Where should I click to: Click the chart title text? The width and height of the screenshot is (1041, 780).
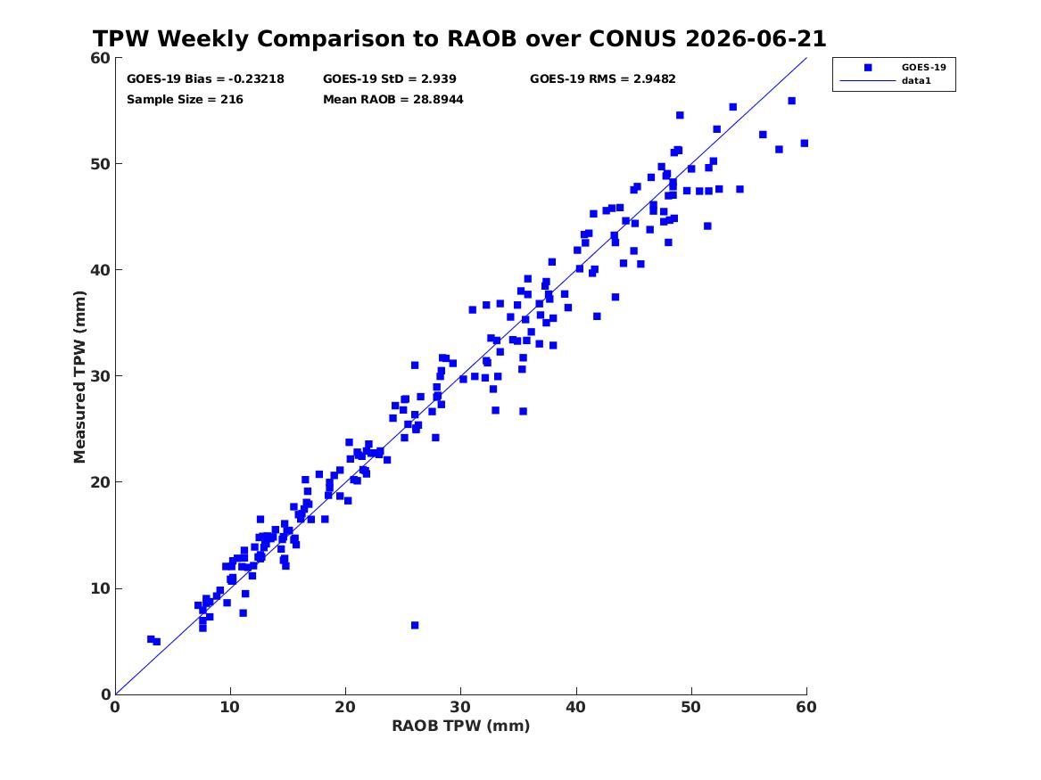click(459, 38)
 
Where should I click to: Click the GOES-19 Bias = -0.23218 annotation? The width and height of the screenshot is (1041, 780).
click(205, 79)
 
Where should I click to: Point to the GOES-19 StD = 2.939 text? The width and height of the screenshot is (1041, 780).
click(390, 79)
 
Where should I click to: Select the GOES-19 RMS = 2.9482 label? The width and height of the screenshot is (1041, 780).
click(603, 79)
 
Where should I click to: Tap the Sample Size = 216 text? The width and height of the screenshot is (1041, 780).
click(185, 100)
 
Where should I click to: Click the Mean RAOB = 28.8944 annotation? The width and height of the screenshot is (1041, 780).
click(393, 100)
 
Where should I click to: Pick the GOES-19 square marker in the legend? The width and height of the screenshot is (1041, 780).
click(868, 67)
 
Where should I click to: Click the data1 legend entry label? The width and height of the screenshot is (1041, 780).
click(916, 81)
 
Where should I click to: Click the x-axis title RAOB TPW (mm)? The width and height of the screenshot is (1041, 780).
click(461, 726)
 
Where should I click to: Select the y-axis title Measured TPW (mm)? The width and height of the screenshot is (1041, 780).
click(79, 377)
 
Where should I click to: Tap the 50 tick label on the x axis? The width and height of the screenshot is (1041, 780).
click(691, 707)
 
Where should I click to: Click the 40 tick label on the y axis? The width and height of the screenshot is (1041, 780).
click(101, 270)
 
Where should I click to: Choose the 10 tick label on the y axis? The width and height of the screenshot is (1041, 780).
click(101, 588)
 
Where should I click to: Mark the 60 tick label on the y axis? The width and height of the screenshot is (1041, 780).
click(101, 58)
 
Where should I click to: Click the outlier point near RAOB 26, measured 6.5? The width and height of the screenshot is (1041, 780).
click(415, 626)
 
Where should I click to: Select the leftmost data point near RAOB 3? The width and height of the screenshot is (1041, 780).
click(151, 639)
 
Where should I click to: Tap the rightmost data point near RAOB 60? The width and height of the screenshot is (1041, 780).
click(805, 144)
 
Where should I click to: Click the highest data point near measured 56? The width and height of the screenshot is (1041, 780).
click(791, 101)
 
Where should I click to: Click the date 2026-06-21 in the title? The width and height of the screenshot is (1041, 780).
click(756, 38)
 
